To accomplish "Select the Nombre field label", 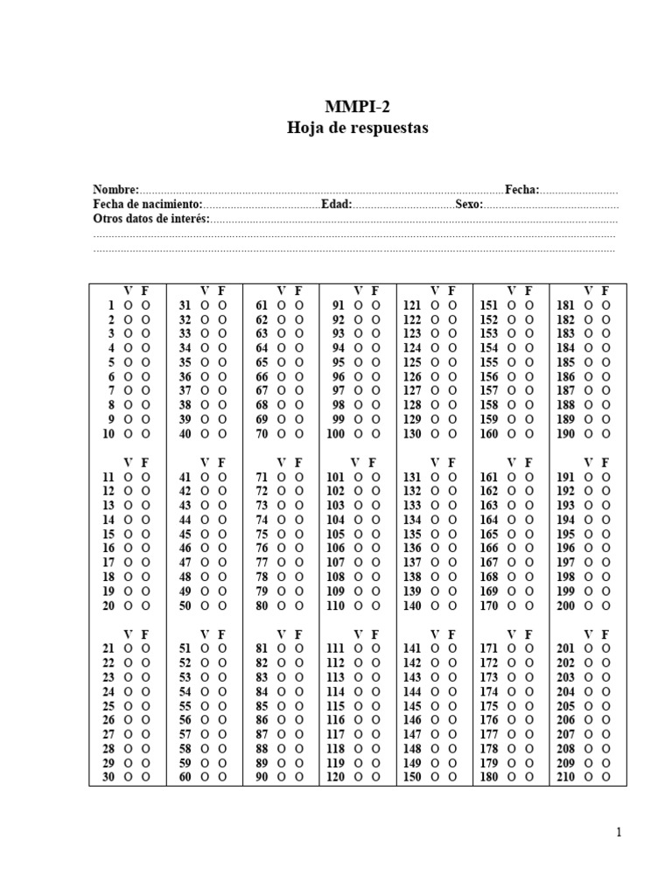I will point(115,190).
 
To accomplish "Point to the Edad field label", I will point(336,204).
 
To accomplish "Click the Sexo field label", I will point(468,204).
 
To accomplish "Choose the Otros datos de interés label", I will point(151,218).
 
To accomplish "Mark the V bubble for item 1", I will point(128,305).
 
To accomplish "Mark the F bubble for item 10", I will point(146,434).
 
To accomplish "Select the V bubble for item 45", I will point(205,534).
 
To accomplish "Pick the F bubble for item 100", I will point(376,434).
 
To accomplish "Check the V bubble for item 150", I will point(434,777).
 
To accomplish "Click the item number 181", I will point(566,305).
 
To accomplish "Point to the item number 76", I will point(261,549).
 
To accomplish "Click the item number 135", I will point(412,534).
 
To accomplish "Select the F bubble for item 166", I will point(529,549).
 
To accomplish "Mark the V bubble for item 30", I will point(128,777).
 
